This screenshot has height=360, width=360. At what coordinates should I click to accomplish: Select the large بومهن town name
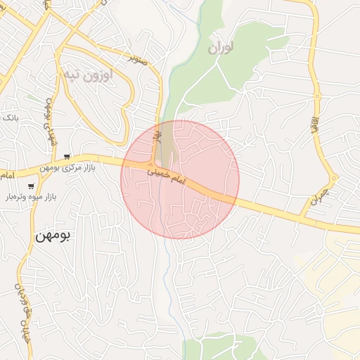(53, 236)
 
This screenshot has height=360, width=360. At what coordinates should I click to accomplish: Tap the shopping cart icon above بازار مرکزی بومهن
(67, 157)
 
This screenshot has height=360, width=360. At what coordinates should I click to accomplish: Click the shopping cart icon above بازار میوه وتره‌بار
(31, 186)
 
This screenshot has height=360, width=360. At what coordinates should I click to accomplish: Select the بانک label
(10, 117)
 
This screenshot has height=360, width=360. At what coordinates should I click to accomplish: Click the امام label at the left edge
(7, 173)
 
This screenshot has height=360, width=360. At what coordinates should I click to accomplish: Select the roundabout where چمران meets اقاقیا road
(334, 177)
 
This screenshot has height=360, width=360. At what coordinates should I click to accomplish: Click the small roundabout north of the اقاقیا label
(317, 95)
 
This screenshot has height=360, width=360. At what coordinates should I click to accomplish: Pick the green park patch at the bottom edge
(211, 348)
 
